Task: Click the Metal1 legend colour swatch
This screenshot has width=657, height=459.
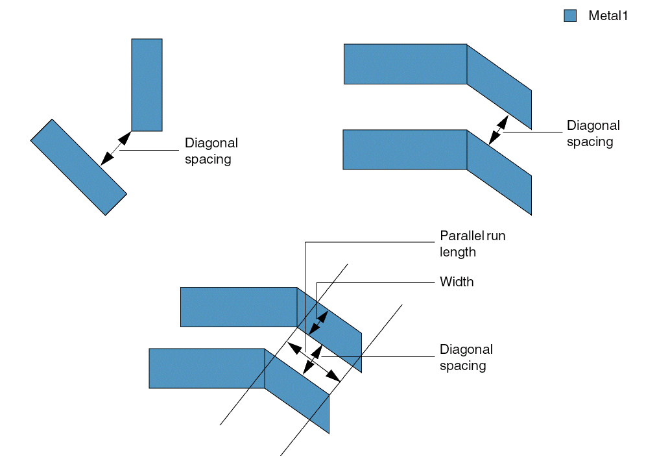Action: coord(570,16)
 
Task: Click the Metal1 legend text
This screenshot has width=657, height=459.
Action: coord(608,16)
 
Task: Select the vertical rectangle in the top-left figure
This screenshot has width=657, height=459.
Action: coord(147,84)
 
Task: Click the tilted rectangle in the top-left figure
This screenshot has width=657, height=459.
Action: coord(78,167)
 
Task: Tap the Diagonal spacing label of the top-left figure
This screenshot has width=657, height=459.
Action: coord(211,151)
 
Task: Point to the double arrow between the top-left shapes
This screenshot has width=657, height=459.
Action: coord(115,149)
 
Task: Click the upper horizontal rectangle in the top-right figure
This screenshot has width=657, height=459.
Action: coord(405,64)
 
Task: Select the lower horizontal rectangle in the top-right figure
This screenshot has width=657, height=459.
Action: coord(404,149)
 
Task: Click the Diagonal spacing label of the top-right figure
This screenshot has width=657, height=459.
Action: coord(593,134)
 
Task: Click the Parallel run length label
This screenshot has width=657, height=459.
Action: coord(472,243)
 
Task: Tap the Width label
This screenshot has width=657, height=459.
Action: coord(457,282)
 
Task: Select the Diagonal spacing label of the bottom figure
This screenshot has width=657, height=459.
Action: coord(466,357)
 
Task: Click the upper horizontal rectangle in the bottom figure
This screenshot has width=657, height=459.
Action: coord(238,306)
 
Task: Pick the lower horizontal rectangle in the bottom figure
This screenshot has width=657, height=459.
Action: coord(206,368)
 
